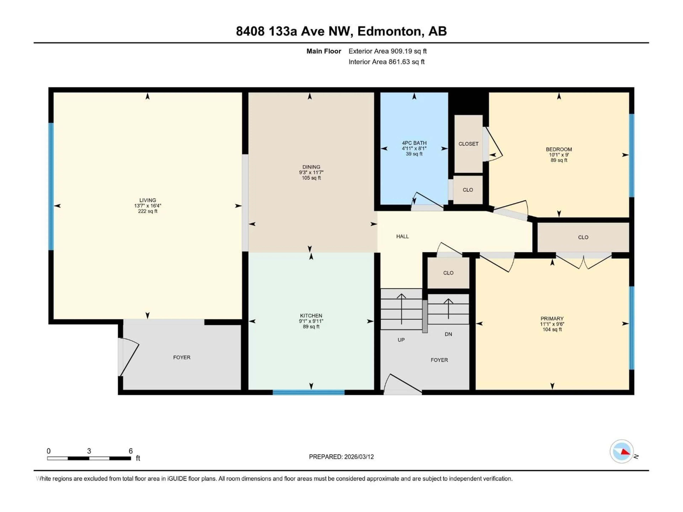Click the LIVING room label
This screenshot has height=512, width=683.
(148, 200)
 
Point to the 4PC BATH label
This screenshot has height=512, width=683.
(414, 143)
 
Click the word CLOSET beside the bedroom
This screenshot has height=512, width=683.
(468, 144)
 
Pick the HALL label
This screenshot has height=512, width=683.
(402, 236)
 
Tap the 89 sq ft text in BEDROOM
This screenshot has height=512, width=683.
(559, 160)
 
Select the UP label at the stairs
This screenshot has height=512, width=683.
(401, 340)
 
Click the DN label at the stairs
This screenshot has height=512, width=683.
(448, 334)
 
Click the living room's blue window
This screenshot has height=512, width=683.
(51, 186)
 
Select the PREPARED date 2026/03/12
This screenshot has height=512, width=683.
(358, 457)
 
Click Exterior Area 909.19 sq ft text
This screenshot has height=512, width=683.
(388, 51)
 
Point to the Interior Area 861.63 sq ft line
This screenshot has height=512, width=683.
(386, 62)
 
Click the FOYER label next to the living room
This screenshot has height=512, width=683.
(182, 357)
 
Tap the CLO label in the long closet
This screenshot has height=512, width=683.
(583, 237)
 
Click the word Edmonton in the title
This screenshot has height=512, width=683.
(389, 31)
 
